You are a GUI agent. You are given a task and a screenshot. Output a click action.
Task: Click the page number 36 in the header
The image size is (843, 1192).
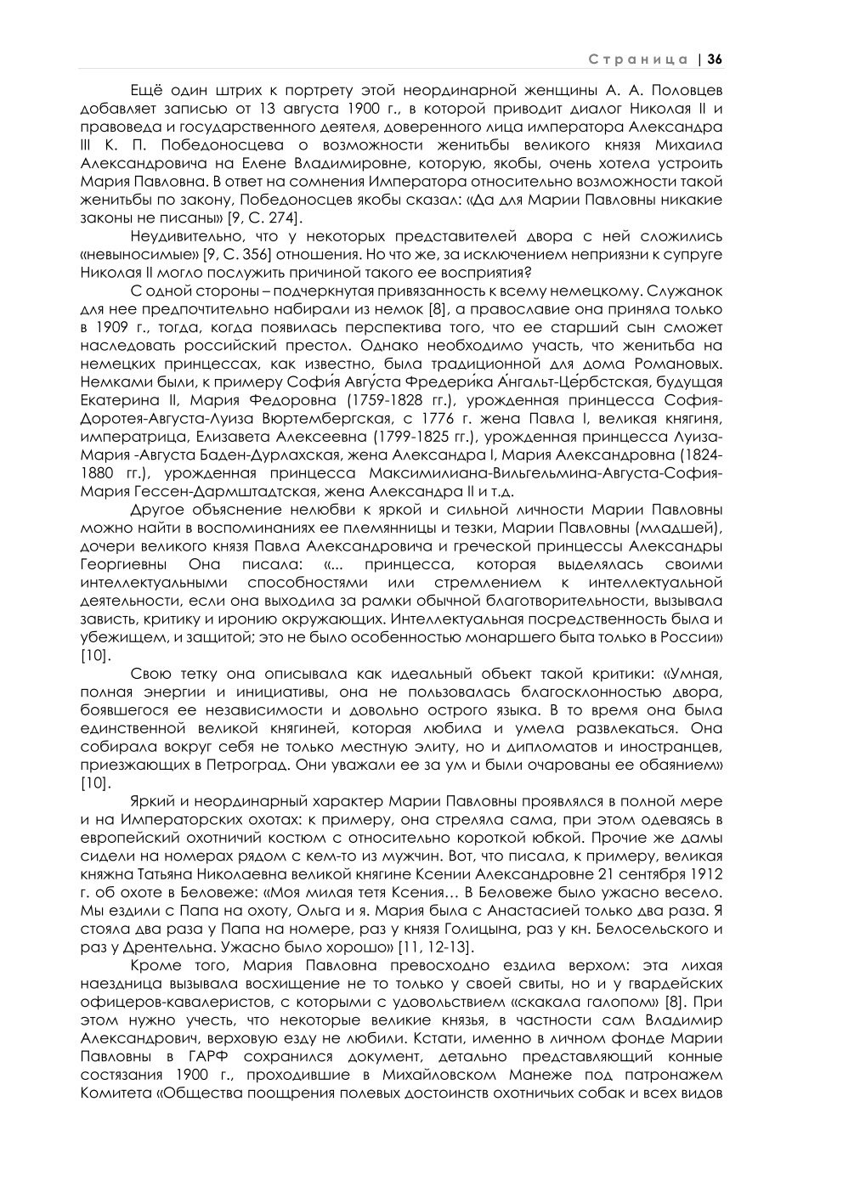pos(714,59)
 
